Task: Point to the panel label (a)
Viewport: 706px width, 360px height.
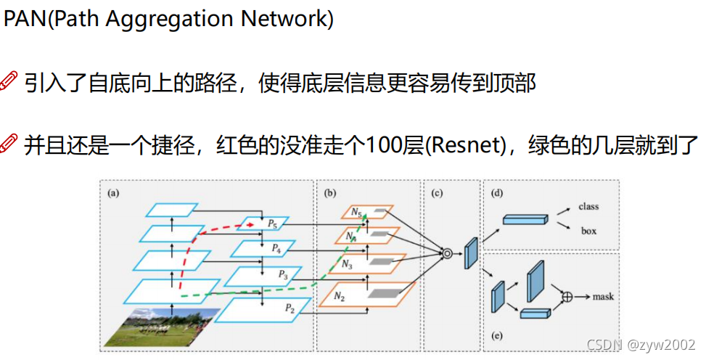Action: tap(113, 193)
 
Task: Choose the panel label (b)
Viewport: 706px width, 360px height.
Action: tap(331, 193)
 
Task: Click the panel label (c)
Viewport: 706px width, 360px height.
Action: tap(437, 193)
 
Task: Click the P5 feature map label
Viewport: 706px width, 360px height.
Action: tap(271, 224)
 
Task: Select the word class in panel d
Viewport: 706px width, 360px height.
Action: tap(588, 206)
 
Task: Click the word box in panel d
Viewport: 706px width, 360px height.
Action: tap(588, 231)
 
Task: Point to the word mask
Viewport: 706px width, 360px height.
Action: tap(603, 297)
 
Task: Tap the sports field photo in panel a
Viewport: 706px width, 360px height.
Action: tap(160, 326)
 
